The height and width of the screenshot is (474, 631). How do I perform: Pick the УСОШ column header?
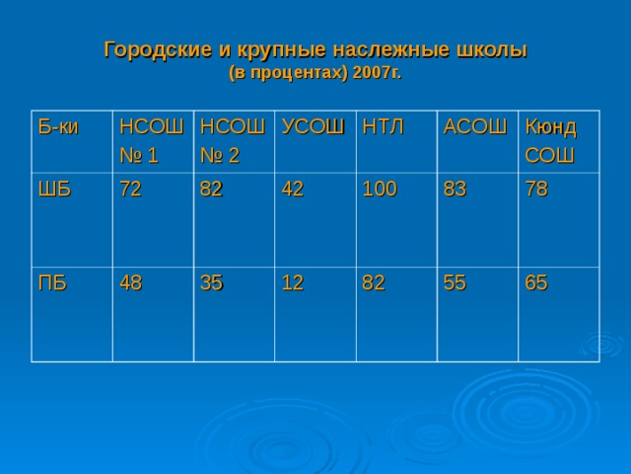click(x=313, y=126)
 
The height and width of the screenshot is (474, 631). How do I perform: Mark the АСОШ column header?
click(x=475, y=126)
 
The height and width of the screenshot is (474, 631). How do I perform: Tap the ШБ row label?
click(x=54, y=191)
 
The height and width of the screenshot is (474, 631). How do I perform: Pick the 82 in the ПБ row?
click(x=374, y=282)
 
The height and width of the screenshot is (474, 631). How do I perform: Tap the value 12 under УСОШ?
click(x=293, y=282)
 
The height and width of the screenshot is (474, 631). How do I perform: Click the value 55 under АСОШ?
click(x=455, y=282)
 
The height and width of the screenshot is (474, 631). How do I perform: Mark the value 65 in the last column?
click(x=537, y=282)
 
